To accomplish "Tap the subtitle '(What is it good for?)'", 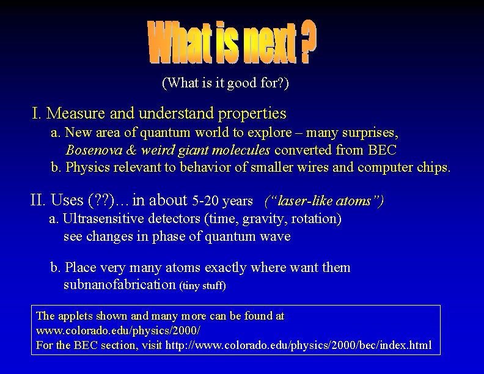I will coord(225,83).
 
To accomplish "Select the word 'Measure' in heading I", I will coord(73,114).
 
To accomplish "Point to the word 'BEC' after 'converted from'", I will coord(383,150).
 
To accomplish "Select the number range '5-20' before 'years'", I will coord(205,200).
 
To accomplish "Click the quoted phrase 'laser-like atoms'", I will coord(324,200).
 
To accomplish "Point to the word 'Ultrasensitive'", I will coord(104,219).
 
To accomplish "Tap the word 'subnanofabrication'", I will coord(119,285).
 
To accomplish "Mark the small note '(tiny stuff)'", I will coord(202,286).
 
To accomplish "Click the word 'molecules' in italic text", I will coord(245,150).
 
